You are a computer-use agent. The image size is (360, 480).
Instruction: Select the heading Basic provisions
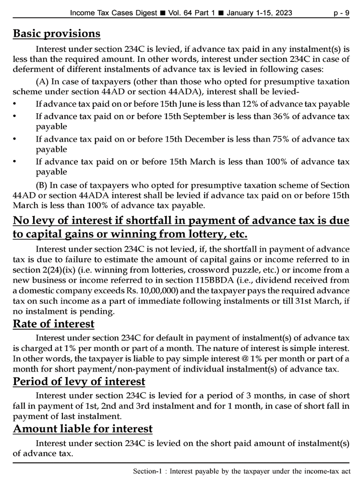pos(57,34)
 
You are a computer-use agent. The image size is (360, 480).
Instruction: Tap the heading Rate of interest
pos(53,324)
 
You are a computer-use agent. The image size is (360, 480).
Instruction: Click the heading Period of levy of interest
pos(79,382)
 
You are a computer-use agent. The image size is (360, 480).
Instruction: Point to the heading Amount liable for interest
pos(83,429)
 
